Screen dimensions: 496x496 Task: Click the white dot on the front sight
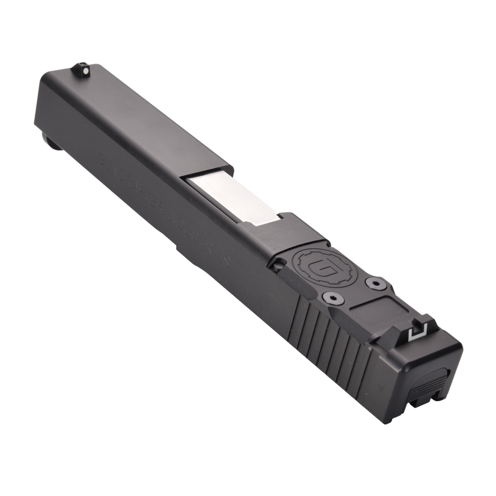[x=81, y=64]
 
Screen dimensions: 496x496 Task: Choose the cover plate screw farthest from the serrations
[x=374, y=283]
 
